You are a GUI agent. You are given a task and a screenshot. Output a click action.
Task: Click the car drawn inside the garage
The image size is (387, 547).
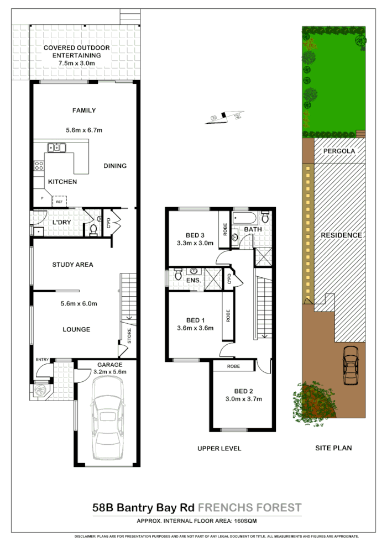(x=108, y=420)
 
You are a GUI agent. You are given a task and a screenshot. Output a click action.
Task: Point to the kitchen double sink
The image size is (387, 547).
(x=56, y=148)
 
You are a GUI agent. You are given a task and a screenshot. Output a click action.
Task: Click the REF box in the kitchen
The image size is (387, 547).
(x=59, y=202)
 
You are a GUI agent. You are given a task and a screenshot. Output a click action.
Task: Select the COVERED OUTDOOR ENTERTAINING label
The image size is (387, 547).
(x=77, y=51)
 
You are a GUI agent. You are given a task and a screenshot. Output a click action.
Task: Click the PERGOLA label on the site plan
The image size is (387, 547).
(x=340, y=150)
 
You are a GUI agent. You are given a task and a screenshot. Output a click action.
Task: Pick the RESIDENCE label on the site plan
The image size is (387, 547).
(x=341, y=235)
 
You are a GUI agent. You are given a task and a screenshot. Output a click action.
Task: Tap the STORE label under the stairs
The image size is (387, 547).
(x=129, y=336)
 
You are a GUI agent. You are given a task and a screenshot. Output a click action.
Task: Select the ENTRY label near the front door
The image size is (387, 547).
(x=42, y=360)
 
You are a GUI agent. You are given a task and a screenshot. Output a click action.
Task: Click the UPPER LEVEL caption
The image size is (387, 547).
(x=219, y=448)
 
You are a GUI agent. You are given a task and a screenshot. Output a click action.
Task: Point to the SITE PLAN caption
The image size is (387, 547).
(x=333, y=448)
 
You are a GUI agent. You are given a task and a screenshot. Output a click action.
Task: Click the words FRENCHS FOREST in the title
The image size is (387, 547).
(x=250, y=508)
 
